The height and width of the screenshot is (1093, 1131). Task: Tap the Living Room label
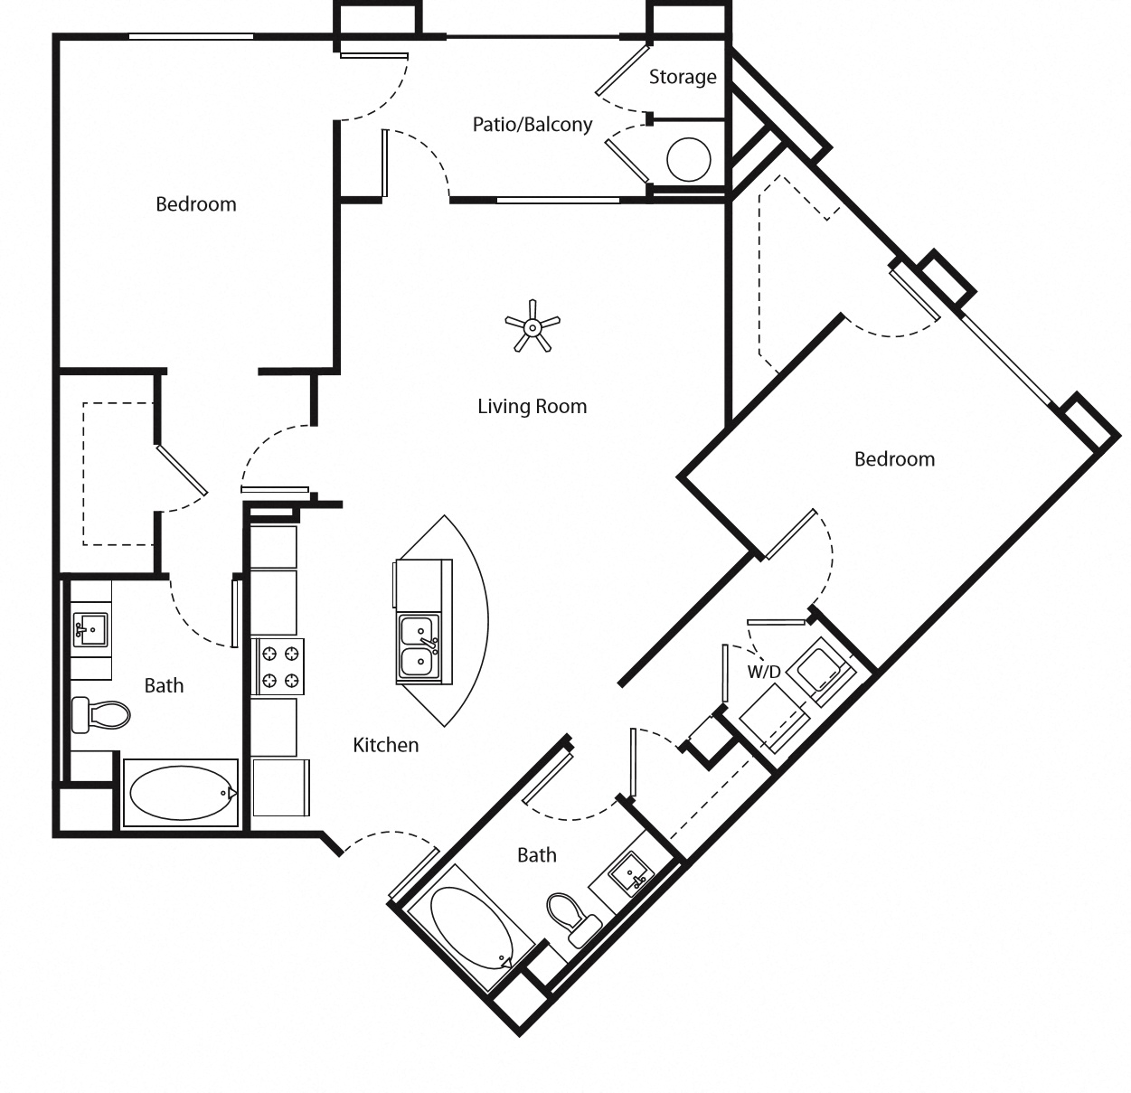point(532,407)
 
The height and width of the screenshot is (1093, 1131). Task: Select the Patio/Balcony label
point(532,124)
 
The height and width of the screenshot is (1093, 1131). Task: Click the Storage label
point(682,77)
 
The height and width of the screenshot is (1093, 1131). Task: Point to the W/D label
point(763,672)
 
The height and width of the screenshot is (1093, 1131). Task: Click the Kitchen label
point(385,745)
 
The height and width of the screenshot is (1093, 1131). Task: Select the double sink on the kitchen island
point(419,647)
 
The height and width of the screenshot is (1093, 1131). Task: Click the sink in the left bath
point(90,627)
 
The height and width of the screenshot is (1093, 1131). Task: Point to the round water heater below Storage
point(689,161)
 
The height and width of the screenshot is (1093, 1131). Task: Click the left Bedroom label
point(195,204)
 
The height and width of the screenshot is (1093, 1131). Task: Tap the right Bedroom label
point(893,459)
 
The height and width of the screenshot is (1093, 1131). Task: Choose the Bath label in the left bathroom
point(164,685)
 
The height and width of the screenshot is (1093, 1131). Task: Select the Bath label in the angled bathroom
point(536,854)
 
